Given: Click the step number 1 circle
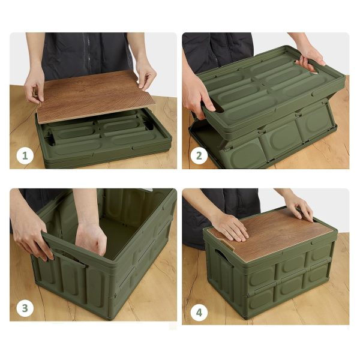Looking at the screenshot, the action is (x=25, y=156).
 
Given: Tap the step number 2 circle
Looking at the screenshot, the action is (x=199, y=156).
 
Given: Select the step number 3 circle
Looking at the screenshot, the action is (x=25, y=308).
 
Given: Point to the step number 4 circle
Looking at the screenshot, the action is (x=199, y=313).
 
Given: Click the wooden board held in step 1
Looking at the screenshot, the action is (x=95, y=97).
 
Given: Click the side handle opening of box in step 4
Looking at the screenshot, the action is (x=220, y=255).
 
